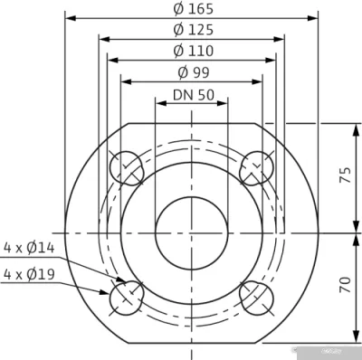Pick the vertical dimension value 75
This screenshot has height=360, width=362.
click(344, 177)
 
